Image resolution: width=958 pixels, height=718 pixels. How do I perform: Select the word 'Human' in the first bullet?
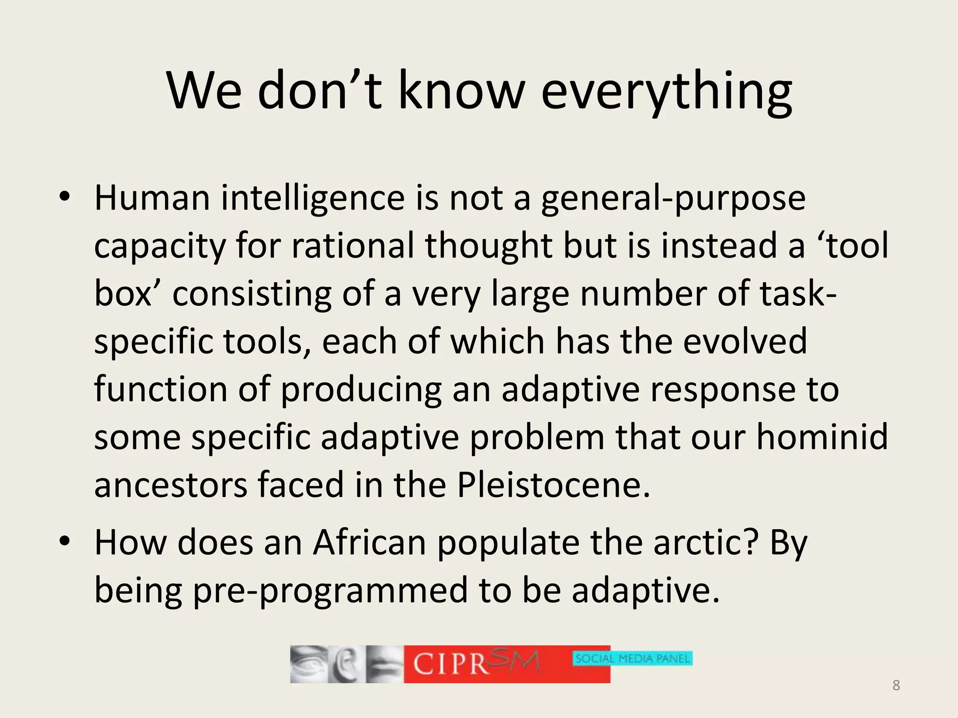click(152, 198)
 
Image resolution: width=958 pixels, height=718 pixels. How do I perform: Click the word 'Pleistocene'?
click(553, 485)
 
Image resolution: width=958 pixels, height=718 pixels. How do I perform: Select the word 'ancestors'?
click(171, 485)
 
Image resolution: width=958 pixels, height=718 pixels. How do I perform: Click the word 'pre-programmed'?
click(330, 591)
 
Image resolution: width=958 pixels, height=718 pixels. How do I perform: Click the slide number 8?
click(896, 686)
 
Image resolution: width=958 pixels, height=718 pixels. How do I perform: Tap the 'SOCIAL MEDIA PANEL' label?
click(632, 659)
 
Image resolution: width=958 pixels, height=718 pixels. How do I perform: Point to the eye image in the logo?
click(309, 664)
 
